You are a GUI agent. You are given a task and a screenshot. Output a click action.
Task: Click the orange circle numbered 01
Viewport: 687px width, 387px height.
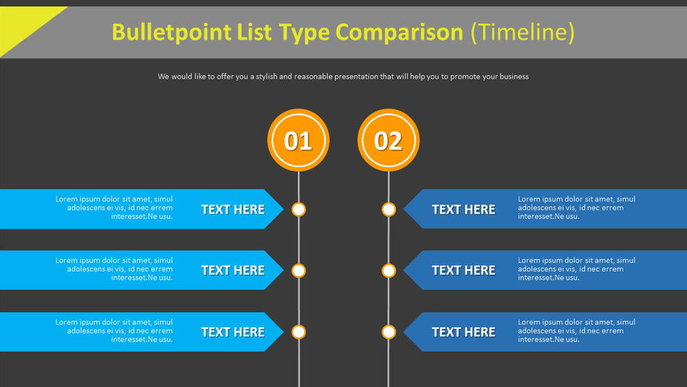(x=298, y=140)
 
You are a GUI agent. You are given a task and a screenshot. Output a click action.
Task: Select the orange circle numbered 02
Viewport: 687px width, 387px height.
(x=389, y=140)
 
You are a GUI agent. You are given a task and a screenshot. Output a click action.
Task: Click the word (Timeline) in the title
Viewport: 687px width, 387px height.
(x=523, y=32)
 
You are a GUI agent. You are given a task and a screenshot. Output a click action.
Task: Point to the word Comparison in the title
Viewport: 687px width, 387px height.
(x=399, y=32)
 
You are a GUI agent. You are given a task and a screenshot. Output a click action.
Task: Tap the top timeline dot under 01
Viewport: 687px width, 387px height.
(x=298, y=210)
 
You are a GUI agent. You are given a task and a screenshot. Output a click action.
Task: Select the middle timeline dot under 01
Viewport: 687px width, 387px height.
(x=298, y=271)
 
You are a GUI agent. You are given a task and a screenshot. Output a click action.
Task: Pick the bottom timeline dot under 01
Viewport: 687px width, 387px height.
(x=298, y=332)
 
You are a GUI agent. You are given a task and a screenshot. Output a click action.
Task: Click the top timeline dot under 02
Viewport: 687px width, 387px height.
(x=389, y=210)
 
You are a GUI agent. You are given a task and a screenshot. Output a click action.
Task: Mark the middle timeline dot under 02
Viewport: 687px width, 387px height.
(x=389, y=271)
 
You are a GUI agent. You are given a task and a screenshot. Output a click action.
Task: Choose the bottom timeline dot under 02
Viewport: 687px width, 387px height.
(x=389, y=332)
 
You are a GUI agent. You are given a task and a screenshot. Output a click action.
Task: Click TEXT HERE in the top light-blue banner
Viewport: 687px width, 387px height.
(x=233, y=210)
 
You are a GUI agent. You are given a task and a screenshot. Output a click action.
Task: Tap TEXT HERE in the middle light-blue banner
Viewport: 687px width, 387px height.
(x=233, y=271)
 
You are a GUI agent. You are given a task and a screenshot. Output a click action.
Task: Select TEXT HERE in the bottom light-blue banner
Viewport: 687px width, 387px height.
(x=233, y=332)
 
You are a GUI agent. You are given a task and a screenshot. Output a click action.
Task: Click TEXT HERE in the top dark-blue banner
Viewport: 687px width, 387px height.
(x=464, y=210)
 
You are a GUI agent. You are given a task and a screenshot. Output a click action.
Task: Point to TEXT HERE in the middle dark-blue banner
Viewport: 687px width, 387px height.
(x=464, y=271)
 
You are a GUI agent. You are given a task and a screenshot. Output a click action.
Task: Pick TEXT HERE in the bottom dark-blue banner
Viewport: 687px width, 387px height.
(x=464, y=332)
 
